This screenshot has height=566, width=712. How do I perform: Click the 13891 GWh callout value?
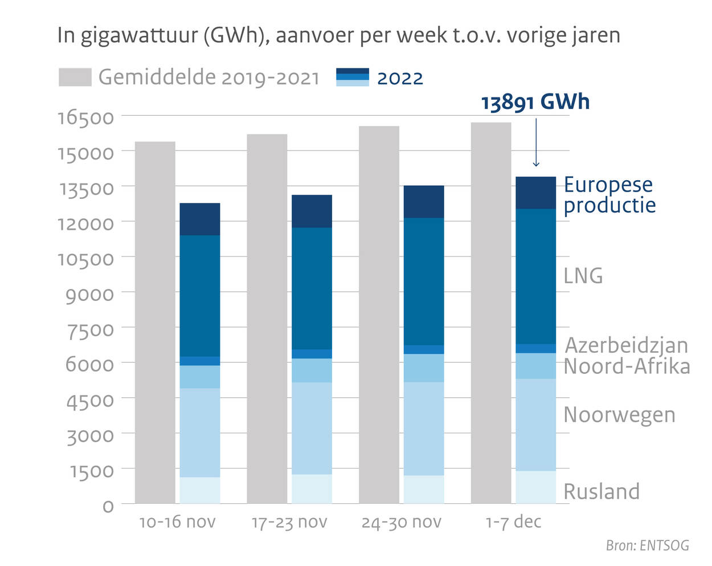pyautogui.click(x=535, y=103)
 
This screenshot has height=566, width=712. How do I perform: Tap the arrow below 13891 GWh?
pyautogui.click(x=536, y=142)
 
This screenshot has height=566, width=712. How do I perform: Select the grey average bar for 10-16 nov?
pyautogui.click(x=155, y=322)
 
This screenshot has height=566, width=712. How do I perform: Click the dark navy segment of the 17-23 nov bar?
pyautogui.click(x=312, y=211)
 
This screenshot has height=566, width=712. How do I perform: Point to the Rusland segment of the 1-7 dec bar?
pyautogui.click(x=535, y=487)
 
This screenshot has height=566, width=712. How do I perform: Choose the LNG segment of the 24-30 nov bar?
pyautogui.click(x=424, y=281)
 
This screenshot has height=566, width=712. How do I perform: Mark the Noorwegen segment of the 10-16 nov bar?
pyautogui.click(x=200, y=433)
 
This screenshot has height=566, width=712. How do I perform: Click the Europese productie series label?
pyautogui.click(x=609, y=195)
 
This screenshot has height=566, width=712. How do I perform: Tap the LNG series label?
pyautogui.click(x=583, y=276)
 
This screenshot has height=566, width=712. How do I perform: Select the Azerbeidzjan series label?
pyautogui.click(x=626, y=345)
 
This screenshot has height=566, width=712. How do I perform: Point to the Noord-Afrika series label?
pyautogui.click(x=627, y=366)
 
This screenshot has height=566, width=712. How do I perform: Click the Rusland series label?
pyautogui.click(x=601, y=491)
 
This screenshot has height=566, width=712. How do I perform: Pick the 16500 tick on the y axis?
pyautogui.click(x=86, y=117)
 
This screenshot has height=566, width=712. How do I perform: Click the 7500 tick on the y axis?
pyautogui.click(x=90, y=329)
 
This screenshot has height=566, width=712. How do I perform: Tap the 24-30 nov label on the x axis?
pyautogui.click(x=402, y=522)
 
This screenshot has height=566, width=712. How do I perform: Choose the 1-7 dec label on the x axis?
pyautogui.click(x=513, y=522)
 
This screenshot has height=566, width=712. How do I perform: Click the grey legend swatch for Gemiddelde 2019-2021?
pyautogui.click(x=75, y=78)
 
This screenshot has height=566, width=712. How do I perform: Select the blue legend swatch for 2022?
pyautogui.click(x=353, y=78)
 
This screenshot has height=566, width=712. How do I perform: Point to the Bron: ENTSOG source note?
pyautogui.click(x=647, y=545)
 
